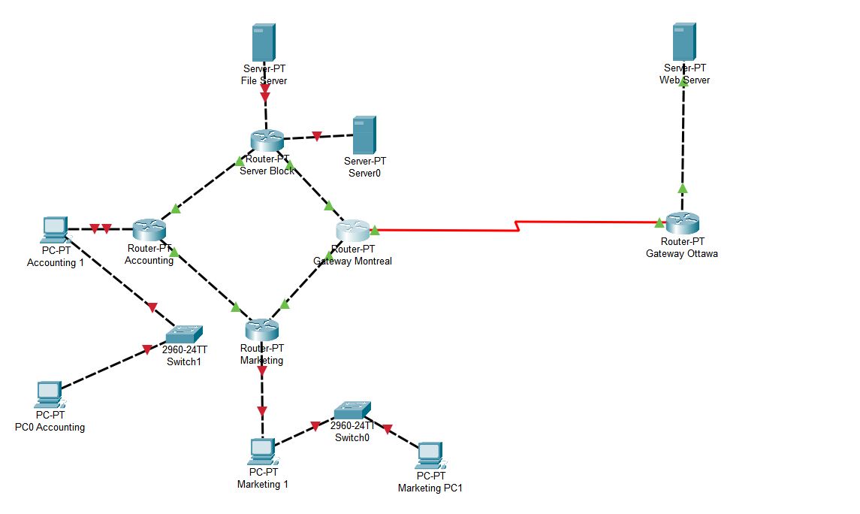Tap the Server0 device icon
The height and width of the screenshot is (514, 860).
(364, 135)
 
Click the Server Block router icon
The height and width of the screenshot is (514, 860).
(267, 140)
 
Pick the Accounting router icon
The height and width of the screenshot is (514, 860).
(149, 229)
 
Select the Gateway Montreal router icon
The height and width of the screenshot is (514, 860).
(352, 231)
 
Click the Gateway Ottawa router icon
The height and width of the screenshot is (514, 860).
(682, 223)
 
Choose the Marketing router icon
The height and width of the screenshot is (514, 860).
(261, 329)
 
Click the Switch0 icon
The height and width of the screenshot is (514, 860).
(352, 410)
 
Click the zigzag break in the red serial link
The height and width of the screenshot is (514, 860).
(518, 225)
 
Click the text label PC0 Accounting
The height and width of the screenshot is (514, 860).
(50, 427)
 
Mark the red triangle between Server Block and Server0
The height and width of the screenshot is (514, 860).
(317, 137)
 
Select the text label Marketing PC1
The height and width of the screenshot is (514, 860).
(430, 488)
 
